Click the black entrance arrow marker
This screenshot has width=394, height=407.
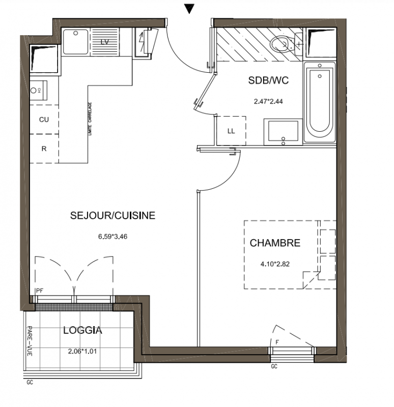tap(189, 9)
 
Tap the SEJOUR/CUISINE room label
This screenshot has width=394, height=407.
tap(112, 215)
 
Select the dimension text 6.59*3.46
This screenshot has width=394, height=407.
tap(112, 237)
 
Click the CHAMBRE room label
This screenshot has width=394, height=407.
tap(275, 243)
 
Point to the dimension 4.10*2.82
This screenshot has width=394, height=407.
tap(275, 264)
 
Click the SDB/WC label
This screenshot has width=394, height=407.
tap(268, 80)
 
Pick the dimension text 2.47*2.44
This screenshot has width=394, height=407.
tap(268, 101)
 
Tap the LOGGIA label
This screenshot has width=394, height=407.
tap(82, 330)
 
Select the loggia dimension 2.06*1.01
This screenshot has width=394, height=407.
tap(82, 351)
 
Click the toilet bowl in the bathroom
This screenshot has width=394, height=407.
tap(280, 44)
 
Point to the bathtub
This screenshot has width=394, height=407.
tap(320, 102)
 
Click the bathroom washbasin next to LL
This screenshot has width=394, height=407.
tap(284, 132)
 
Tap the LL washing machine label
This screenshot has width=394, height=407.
tap(231, 131)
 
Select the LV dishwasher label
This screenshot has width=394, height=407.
tap(105, 42)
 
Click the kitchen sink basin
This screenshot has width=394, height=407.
tap(75, 42)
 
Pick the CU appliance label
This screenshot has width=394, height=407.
tap(44, 120)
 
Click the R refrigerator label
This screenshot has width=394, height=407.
tap(44, 149)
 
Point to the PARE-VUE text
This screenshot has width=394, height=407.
tap(30, 341)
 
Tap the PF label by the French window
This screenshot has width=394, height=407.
tap(40, 291)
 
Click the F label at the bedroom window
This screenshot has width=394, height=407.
tap(277, 342)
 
